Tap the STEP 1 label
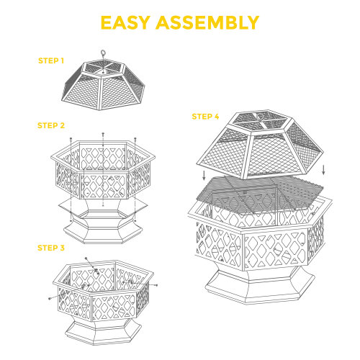click(51, 60)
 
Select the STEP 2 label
click(51, 125)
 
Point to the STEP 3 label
click(51, 248)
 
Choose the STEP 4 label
click(205, 116)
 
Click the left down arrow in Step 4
click(203, 175)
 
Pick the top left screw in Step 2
click(71, 139)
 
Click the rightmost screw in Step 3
click(156, 286)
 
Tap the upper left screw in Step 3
click(86, 258)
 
